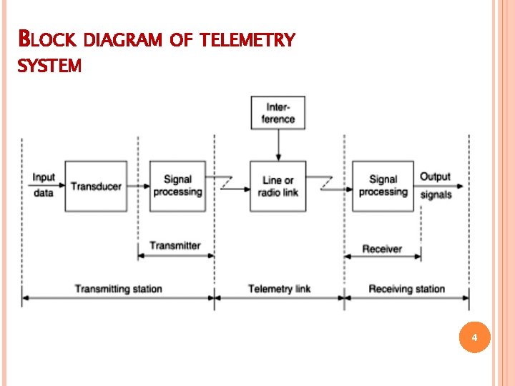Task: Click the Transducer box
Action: click(96, 186)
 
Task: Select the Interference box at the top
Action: click(278, 113)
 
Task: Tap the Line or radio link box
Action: click(278, 186)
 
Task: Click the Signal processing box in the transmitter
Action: click(177, 186)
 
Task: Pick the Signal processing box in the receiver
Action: click(383, 186)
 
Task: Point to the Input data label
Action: click(44, 185)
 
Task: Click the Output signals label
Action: click(435, 185)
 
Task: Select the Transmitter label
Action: click(175, 246)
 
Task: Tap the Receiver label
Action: click(382, 249)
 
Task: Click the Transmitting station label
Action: click(119, 289)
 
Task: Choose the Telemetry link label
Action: click(280, 289)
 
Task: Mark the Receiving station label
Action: click(406, 289)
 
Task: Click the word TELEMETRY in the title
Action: click(247, 40)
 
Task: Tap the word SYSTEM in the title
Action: click(49, 66)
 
